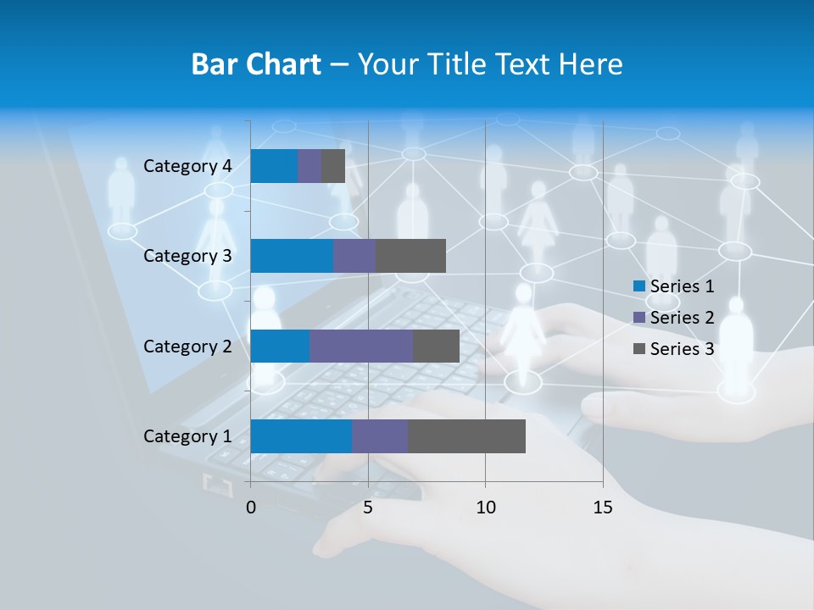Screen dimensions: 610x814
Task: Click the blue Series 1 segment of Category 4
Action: point(274,166)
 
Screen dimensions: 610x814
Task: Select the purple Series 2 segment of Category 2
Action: point(361,346)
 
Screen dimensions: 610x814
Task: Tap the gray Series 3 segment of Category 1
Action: point(466,436)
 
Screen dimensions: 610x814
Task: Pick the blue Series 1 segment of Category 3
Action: point(292,256)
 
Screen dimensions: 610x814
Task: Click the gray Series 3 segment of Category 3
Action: point(410,256)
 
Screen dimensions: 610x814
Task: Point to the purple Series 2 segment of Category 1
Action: point(380,436)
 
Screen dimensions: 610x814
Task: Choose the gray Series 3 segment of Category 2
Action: point(436,346)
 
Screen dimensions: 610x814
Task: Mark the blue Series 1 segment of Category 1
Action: point(301,436)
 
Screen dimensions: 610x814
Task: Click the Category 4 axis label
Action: point(187,166)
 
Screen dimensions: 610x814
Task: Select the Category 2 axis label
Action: point(187,347)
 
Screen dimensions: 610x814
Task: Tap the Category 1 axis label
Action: point(187,436)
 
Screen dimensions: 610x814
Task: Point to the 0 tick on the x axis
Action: point(251,507)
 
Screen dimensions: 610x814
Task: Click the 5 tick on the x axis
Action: point(368,507)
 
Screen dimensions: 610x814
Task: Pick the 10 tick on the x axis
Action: point(485,507)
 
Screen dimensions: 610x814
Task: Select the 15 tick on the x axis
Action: point(602,507)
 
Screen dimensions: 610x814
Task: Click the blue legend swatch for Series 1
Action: point(639,286)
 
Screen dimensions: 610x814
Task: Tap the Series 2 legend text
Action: point(682,318)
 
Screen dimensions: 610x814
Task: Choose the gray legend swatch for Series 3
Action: point(639,349)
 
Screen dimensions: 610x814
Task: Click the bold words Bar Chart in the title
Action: point(255,64)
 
